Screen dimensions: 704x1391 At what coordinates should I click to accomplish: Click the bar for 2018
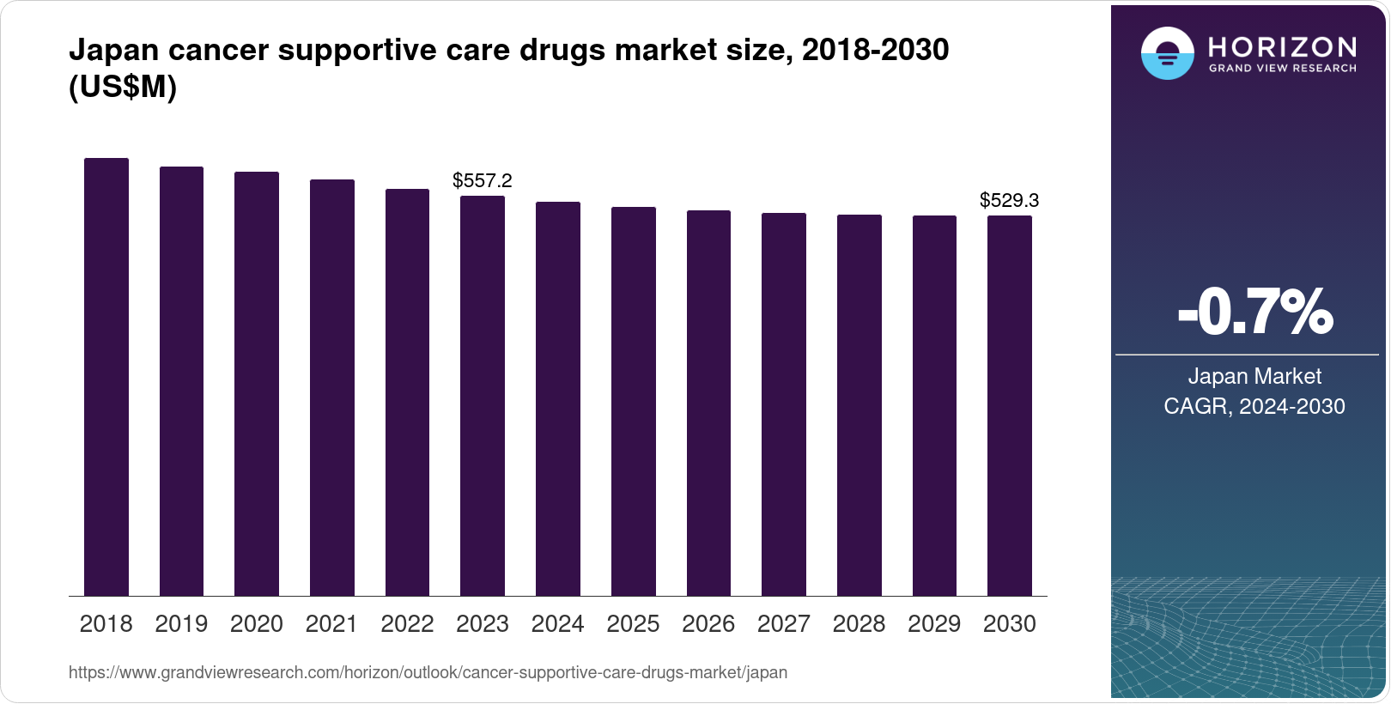(106, 378)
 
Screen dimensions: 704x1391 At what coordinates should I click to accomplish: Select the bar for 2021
(331, 388)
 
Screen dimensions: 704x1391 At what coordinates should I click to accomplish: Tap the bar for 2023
(483, 396)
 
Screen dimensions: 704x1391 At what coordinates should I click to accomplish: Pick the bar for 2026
(708, 404)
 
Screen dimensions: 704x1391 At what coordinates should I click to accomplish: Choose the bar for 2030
(1009, 406)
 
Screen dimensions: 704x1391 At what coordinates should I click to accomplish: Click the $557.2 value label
(483, 180)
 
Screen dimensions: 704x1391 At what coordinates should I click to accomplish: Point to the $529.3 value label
(1009, 200)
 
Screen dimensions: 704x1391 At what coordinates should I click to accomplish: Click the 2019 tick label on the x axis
(181, 624)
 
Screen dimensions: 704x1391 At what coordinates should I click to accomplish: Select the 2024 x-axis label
(557, 624)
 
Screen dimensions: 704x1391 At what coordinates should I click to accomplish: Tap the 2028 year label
(859, 624)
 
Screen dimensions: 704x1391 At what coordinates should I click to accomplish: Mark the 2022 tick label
(407, 624)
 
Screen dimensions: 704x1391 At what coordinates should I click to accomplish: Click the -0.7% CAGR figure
(1254, 313)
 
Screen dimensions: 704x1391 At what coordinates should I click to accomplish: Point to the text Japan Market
(1254, 376)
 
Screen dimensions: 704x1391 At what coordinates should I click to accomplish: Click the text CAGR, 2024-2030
(1254, 406)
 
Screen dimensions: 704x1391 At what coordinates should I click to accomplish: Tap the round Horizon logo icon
(1167, 54)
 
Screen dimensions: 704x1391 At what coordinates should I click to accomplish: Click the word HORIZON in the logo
(1283, 46)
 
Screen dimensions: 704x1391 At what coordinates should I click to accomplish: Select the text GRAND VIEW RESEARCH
(1283, 68)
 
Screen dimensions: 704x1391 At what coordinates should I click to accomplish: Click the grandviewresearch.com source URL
(428, 672)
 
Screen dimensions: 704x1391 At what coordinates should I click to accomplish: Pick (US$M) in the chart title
(123, 87)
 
